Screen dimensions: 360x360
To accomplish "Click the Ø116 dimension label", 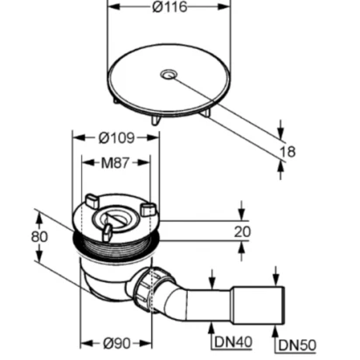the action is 170,7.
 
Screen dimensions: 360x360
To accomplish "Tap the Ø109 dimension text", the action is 116,138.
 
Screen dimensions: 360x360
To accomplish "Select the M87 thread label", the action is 114,163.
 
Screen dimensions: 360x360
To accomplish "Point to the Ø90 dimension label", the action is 116,343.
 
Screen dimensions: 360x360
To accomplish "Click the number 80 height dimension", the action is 39,237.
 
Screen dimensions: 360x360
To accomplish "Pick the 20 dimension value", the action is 242,232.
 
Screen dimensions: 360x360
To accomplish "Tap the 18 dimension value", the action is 287,152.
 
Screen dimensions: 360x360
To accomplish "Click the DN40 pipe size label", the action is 233,342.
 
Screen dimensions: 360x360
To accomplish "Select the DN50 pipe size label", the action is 297,345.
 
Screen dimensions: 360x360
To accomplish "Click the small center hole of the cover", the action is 168,74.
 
